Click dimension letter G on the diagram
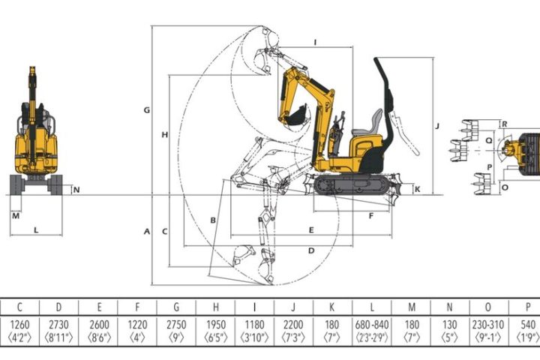tap(147, 110)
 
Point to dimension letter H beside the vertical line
tap(164, 135)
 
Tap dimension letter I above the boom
tap(315, 42)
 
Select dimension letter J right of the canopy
tap(437, 126)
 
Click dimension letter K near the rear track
tap(418, 189)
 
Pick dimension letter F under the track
tap(371, 216)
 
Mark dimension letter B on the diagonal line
tap(213, 220)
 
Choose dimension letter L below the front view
tap(36, 230)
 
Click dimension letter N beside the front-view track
tap(76, 190)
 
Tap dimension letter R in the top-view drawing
tap(505, 124)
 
